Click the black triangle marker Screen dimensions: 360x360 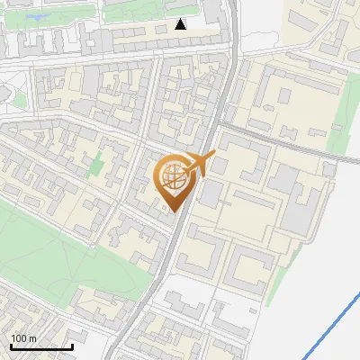[x=181, y=24]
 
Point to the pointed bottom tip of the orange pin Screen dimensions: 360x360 [x=173, y=212]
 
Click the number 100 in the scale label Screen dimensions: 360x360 [x=19, y=338]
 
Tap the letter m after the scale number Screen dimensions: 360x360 [x=32, y=338]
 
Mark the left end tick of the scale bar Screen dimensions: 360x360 [x=9, y=346]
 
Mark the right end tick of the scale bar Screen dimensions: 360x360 [x=72, y=346]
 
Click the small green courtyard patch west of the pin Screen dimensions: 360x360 [x=94, y=164]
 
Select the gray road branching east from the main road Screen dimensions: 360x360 [x=279, y=141]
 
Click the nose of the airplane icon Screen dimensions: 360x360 [x=213, y=157]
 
